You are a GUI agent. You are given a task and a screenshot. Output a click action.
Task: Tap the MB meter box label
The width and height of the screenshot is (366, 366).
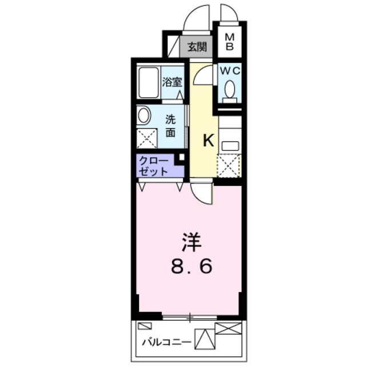click(x=229, y=42)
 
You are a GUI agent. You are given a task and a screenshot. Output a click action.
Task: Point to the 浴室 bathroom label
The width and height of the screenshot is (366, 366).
click(x=172, y=82)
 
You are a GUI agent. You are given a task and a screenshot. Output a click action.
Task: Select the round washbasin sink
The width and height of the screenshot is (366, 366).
click(x=144, y=116)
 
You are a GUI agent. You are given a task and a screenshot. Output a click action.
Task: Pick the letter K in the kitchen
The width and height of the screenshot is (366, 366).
click(x=208, y=141)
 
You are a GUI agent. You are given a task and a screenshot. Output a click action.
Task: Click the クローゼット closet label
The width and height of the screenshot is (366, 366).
click(x=154, y=166)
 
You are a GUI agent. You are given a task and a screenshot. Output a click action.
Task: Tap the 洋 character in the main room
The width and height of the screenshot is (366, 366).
click(x=192, y=243)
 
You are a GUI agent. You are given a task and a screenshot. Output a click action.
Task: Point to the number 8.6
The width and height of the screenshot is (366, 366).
click(x=192, y=266)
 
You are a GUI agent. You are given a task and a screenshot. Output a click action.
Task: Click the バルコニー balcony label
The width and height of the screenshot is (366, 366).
click(x=166, y=343)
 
